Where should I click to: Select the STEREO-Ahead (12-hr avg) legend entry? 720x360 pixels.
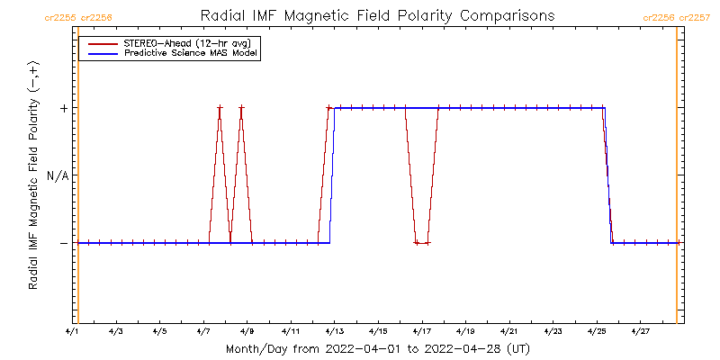[176, 43]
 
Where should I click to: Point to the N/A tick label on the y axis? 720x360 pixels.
[57, 175]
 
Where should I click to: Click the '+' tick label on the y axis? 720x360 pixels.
[63, 108]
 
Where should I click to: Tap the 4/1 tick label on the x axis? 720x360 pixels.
[72, 331]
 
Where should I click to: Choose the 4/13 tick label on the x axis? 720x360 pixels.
[335, 331]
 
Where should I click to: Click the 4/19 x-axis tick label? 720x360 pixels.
[465, 331]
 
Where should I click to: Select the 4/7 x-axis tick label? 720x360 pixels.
[202, 331]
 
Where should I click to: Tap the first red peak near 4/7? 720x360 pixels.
[220, 108]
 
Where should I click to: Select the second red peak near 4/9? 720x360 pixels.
[241, 108]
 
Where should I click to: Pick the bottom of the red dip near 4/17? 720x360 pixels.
[422, 243]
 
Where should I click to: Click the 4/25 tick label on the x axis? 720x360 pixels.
[597, 331]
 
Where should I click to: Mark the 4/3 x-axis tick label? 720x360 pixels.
[115, 331]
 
